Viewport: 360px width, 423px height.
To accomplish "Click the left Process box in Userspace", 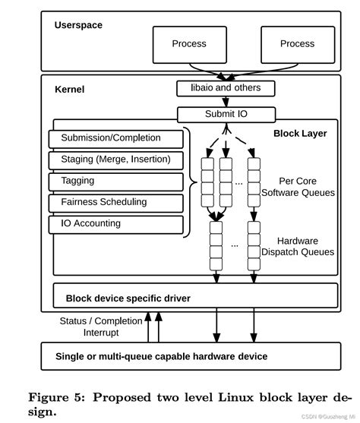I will (189, 44).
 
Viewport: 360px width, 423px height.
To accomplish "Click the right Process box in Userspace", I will (297, 44).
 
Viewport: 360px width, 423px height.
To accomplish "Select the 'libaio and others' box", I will (220, 88).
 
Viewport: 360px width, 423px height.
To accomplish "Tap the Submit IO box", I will (226, 115).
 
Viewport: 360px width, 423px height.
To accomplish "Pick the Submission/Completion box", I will (115, 138).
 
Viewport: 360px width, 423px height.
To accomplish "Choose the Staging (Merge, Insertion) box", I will (115, 159).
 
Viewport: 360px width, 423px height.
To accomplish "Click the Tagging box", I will (115, 182).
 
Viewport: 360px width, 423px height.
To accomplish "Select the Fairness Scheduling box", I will (115, 203).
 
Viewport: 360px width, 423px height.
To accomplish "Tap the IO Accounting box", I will (115, 224).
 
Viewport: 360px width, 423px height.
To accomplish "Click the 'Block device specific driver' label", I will (128, 298).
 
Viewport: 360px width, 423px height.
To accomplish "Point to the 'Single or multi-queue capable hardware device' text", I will (162, 356).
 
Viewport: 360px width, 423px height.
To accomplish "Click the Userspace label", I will (78, 25).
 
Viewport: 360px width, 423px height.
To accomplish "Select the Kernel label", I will (70, 90).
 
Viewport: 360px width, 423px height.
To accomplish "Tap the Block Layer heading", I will (300, 134).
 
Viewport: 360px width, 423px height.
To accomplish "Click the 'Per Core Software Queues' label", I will (297, 187).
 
